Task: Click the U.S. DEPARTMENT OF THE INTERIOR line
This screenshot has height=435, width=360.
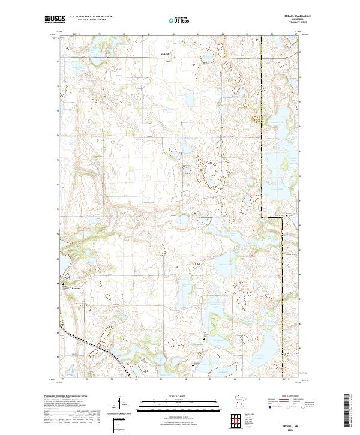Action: pos(91,17)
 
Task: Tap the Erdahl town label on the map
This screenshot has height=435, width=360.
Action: pos(166,54)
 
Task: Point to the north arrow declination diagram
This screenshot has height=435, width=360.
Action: pos(120,404)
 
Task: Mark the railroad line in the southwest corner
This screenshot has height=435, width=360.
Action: pos(90,346)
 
